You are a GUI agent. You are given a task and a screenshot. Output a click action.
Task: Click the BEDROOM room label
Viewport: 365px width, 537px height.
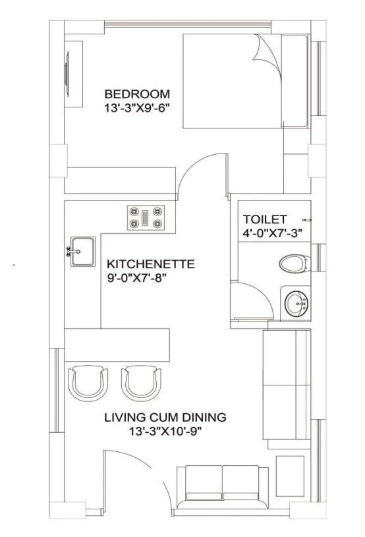[x=136, y=94]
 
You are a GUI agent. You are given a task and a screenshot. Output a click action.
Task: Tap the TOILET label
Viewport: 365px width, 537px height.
[x=265, y=219]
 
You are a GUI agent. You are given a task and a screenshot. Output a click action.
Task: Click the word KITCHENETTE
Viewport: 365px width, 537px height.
[x=151, y=264]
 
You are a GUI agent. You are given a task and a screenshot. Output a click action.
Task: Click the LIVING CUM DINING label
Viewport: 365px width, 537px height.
[x=165, y=417]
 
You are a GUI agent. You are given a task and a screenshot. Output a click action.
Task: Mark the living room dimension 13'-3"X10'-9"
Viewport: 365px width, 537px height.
[x=165, y=432]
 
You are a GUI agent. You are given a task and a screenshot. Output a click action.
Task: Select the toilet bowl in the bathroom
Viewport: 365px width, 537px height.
[x=293, y=264]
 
